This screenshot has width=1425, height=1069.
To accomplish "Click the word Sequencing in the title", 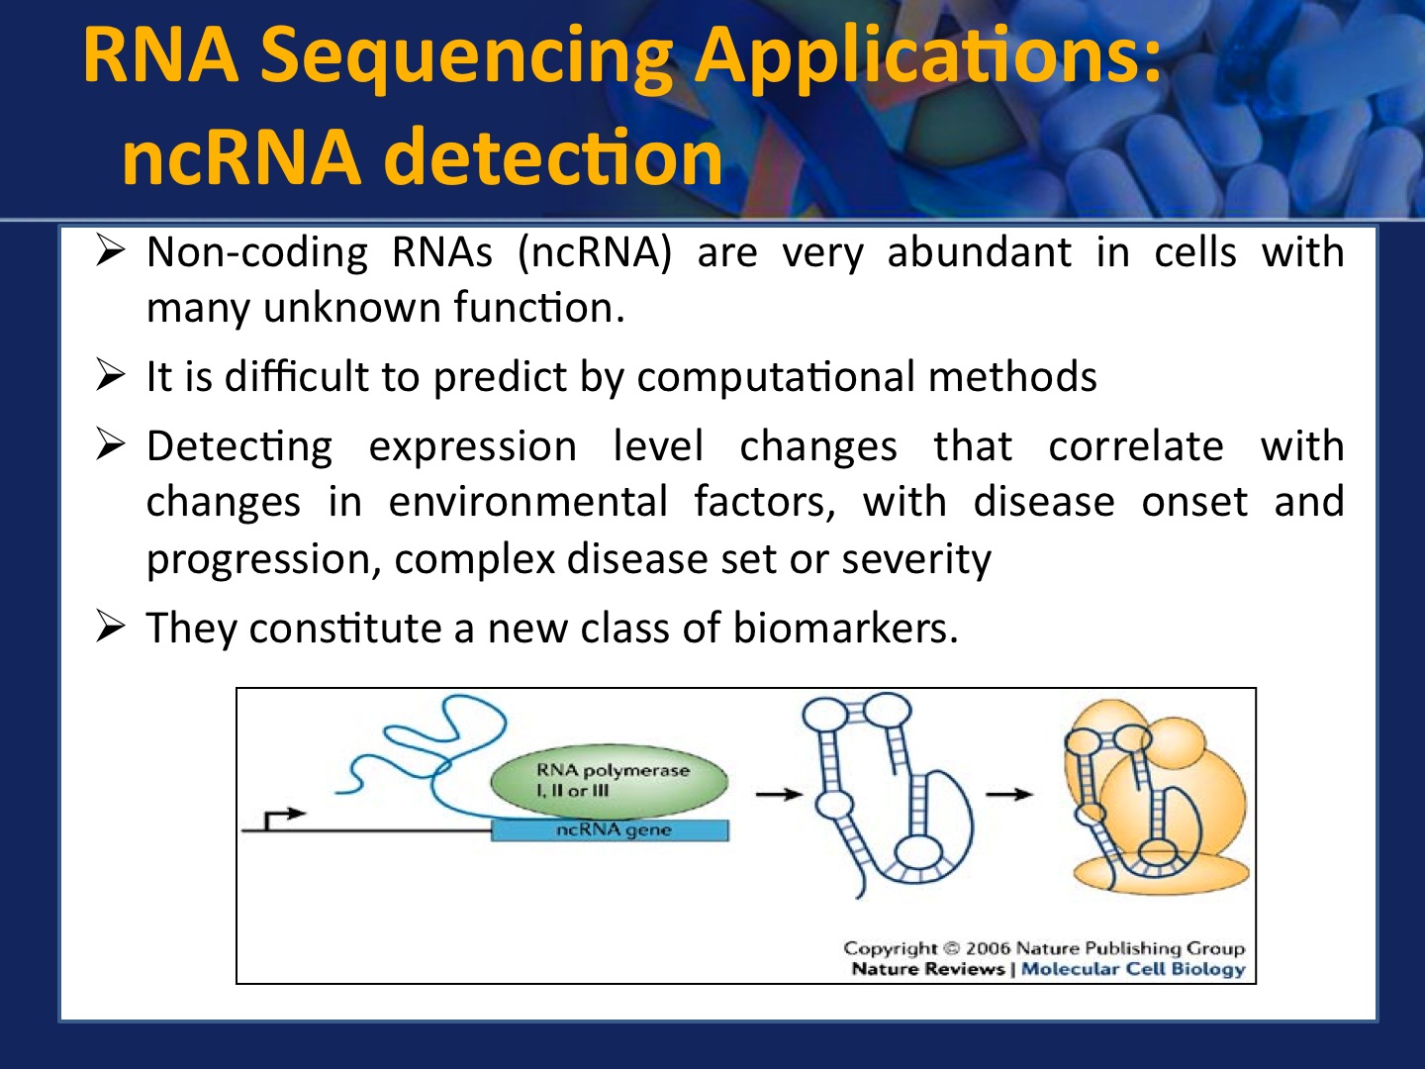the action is click(x=466, y=57).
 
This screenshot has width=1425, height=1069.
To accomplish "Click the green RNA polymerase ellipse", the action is click(x=609, y=781).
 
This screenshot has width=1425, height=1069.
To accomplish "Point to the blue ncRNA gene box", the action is click(x=610, y=830).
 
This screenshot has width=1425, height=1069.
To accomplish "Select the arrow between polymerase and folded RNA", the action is click(x=779, y=794).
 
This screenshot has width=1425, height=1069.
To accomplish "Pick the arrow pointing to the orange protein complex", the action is click(x=1008, y=794).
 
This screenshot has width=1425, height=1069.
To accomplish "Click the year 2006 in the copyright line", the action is click(x=988, y=948).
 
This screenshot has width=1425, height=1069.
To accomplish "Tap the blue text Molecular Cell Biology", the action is click(x=1133, y=969).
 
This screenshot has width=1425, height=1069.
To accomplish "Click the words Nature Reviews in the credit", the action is click(x=928, y=969).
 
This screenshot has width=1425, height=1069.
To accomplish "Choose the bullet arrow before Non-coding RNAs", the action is click(x=110, y=251).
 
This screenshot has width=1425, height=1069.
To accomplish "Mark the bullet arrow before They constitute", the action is click(x=110, y=627).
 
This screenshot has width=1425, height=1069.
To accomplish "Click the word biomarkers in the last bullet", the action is click(x=845, y=628).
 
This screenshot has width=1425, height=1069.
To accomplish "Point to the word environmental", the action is click(x=527, y=501).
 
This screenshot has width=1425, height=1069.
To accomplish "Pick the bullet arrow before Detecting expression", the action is click(x=110, y=444).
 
